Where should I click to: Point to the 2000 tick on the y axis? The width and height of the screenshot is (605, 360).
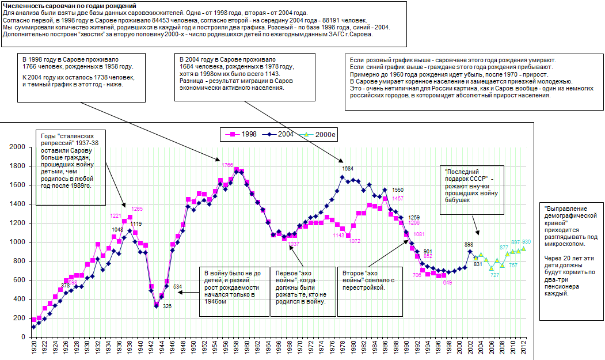click(18, 147)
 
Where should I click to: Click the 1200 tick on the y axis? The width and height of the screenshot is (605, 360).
click(18, 223)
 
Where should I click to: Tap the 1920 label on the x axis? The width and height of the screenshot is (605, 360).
click(33, 348)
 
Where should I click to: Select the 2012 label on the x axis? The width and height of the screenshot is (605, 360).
click(523, 348)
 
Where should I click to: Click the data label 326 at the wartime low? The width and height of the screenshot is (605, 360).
click(167, 306)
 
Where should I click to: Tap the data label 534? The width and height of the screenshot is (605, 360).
click(178, 286)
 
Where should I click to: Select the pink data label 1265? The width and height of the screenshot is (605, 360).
click(137, 209)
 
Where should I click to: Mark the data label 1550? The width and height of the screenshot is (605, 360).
click(398, 190)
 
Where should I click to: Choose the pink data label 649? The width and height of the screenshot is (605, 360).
click(447, 282)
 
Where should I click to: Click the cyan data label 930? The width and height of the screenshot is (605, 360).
click(527, 242)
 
